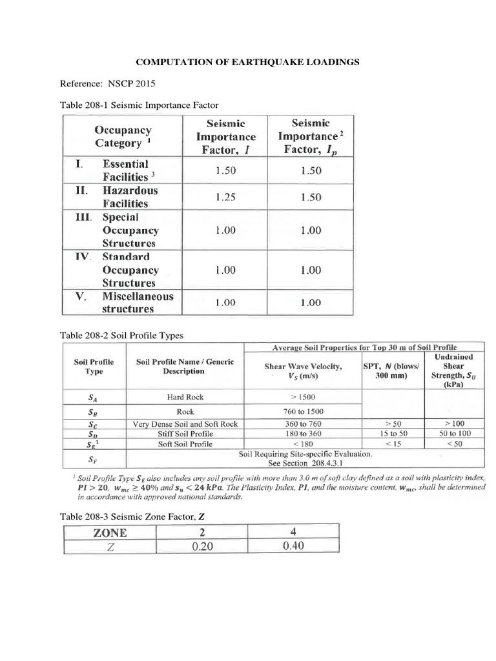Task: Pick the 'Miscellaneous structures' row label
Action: [x=138, y=302]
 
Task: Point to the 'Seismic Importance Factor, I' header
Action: [x=226, y=137]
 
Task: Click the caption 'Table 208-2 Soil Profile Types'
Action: [x=121, y=336]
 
